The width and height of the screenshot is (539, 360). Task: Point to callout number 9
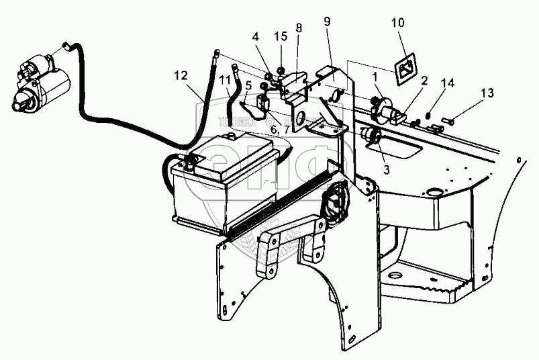point(326,20)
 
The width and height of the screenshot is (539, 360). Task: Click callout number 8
point(298,28)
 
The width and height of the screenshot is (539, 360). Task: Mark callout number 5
point(249,85)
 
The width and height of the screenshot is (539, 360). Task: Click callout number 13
point(487,91)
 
